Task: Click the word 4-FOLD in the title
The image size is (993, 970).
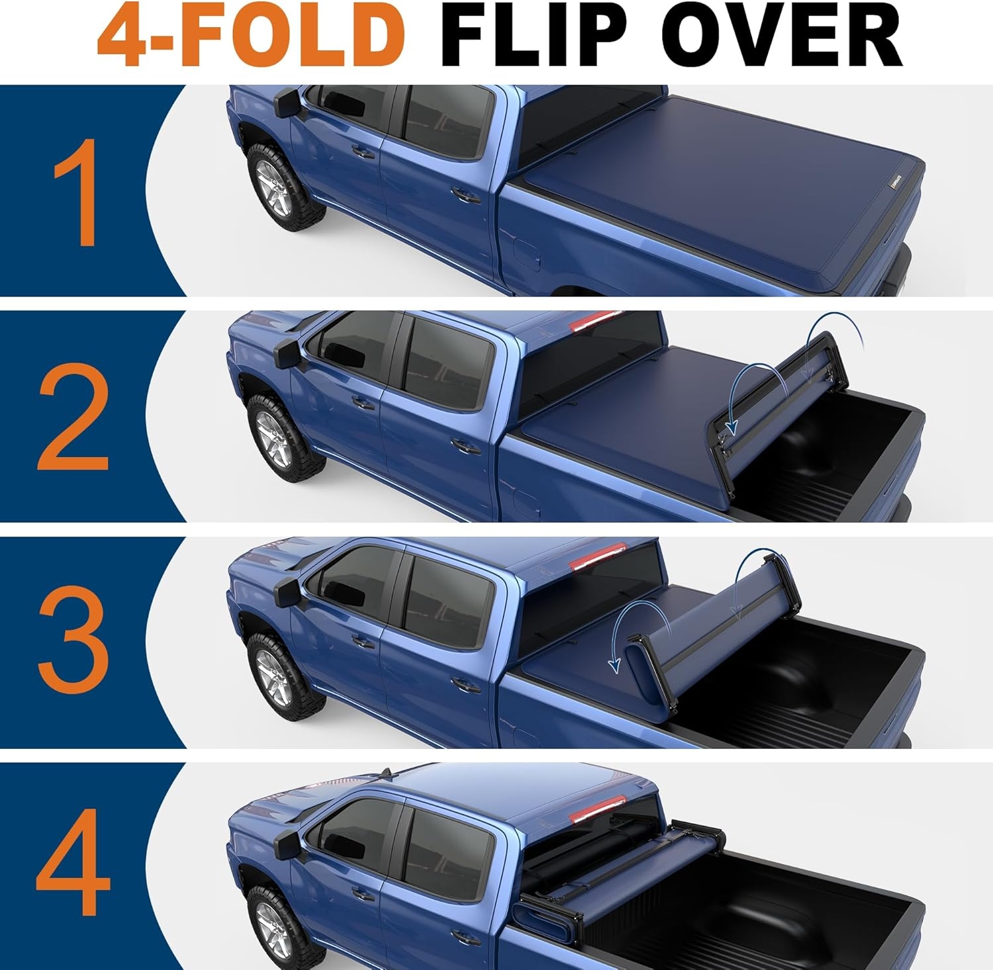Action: [x=252, y=34]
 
